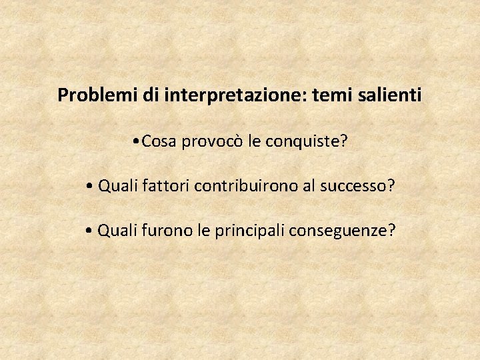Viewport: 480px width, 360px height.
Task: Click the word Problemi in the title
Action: click(97, 95)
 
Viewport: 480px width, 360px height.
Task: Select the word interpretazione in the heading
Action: click(237, 95)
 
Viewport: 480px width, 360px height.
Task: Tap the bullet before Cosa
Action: click(136, 141)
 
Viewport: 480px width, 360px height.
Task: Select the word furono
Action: click(161, 231)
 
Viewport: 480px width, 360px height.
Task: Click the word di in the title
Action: click(149, 95)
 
